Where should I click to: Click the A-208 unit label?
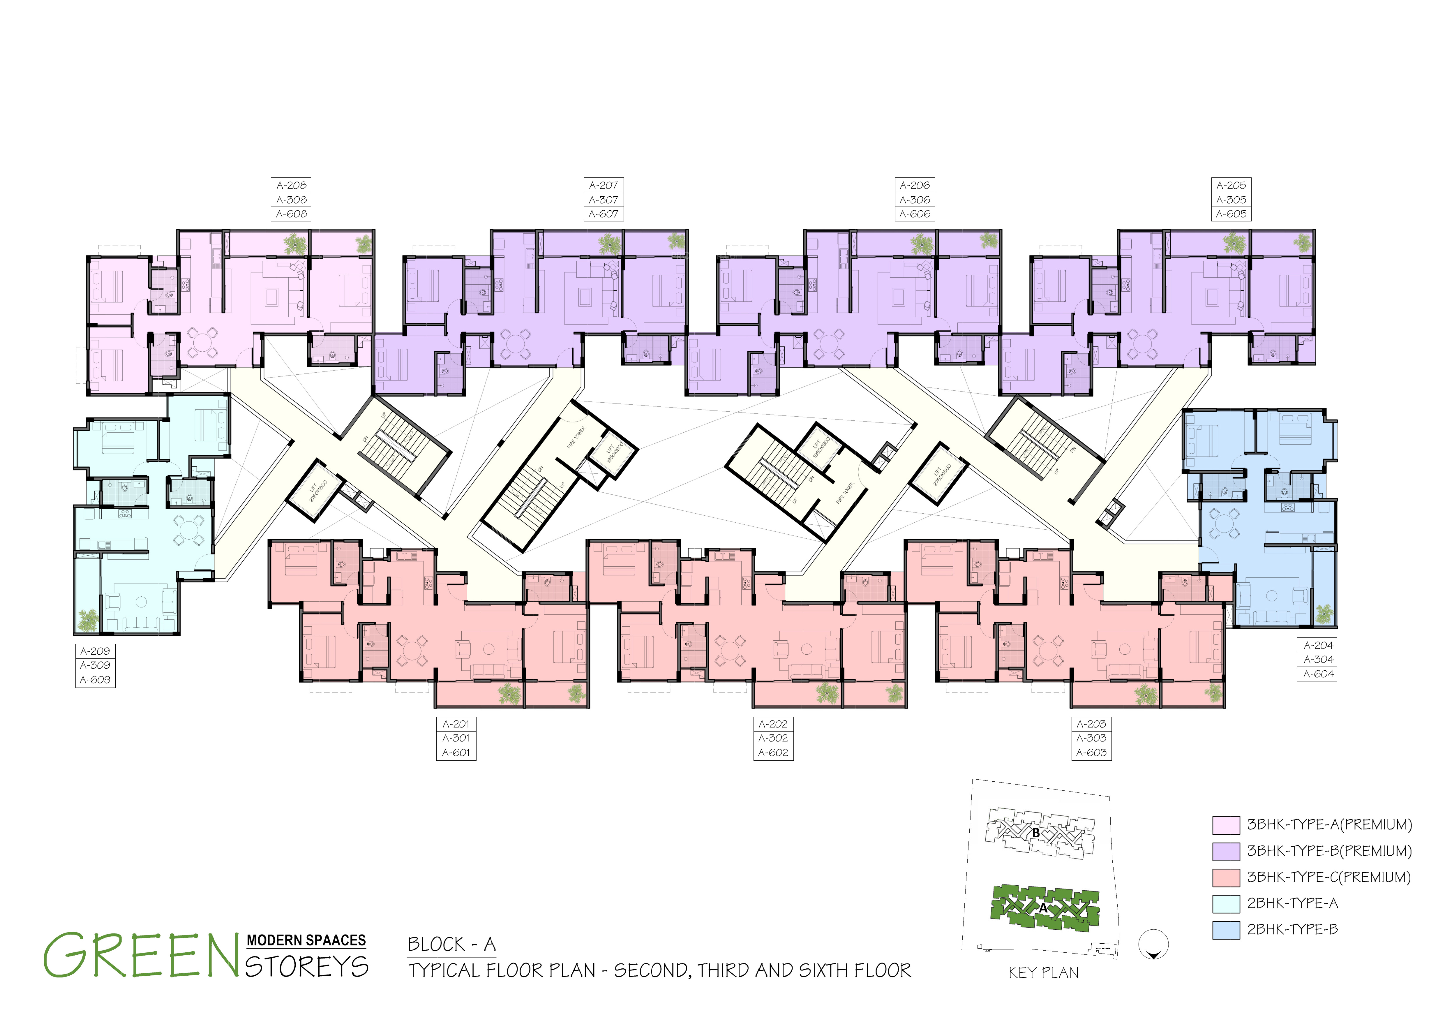click(291, 185)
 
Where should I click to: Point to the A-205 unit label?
click(1231, 185)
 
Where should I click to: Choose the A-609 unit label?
click(95, 680)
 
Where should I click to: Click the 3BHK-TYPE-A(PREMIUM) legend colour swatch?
click(1225, 825)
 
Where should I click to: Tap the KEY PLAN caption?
click(1043, 973)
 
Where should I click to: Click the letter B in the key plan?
click(1035, 833)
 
